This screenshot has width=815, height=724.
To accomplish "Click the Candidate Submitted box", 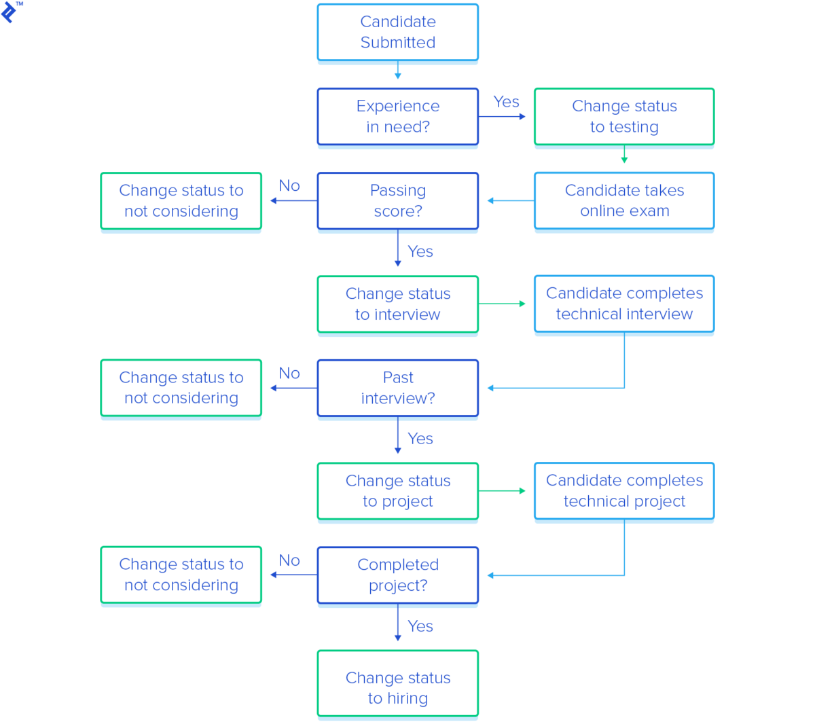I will pos(397,32).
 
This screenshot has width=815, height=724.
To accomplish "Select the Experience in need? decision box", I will pos(397,116).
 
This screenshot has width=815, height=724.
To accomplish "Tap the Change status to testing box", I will pos(623,116).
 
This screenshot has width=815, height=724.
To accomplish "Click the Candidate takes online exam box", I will pos(623,200).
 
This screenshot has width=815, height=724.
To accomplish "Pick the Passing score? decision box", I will pos(397,200).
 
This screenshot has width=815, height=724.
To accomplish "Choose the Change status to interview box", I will pos(397,304).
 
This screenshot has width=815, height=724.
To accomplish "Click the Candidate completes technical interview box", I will pos(623,304).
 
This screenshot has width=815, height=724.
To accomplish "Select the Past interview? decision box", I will pos(397,388).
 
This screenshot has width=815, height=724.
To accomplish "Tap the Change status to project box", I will pos(397,490).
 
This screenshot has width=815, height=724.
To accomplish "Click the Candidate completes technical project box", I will pos(623,490).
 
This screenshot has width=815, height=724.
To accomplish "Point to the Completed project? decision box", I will pos(397,575).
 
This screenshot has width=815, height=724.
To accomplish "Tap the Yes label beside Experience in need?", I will pos(506,102).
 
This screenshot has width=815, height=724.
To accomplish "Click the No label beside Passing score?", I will pos(289,186).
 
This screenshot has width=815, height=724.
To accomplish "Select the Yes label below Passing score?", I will pos(420,252).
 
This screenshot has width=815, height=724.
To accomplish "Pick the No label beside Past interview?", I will pos(289,374).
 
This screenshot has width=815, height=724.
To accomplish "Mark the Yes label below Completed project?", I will pos(420,626).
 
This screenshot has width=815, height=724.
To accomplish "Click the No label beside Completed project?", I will pos(289,560).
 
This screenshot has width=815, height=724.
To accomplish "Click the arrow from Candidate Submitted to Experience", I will pos(397,71).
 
